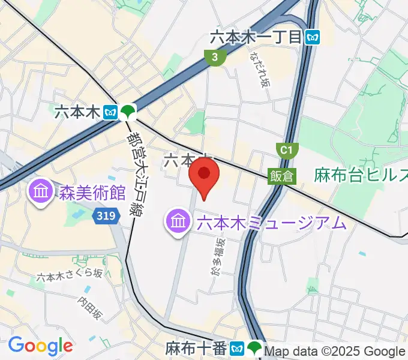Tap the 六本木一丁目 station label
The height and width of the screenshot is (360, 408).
(x=256, y=37)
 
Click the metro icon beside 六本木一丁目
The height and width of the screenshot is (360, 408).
(x=312, y=37)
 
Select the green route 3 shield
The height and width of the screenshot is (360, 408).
(x=214, y=58)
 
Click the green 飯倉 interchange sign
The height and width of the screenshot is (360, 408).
(x=281, y=176)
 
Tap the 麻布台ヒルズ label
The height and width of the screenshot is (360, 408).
(x=361, y=176)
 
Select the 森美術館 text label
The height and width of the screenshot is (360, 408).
(x=92, y=193)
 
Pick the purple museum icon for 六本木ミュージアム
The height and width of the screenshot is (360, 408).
(x=178, y=223)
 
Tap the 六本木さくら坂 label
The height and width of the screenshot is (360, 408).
(x=69, y=275)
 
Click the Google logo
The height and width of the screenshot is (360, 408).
(x=40, y=346)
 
